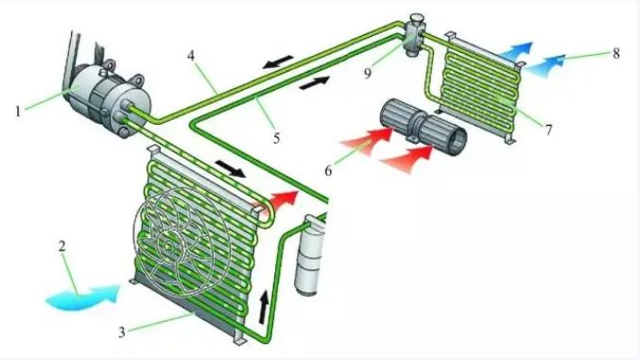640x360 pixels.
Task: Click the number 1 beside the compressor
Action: [18, 111]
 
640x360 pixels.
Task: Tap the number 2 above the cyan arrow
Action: [62, 246]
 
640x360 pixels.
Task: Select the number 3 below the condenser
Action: [122, 333]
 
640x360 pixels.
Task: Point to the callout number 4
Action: [191, 56]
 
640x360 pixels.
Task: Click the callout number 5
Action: [277, 138]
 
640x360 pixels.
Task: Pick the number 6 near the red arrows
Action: [328, 170]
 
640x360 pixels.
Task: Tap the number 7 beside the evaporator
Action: [548, 129]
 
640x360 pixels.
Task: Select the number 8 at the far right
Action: [616, 53]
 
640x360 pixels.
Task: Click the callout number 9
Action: [368, 73]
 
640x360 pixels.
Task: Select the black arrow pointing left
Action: [278, 61]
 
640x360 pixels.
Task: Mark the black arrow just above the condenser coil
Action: [231, 168]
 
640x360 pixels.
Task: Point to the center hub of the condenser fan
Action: [168, 246]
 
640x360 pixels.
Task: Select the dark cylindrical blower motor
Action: [423, 128]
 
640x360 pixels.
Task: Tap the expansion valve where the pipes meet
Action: [414, 36]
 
